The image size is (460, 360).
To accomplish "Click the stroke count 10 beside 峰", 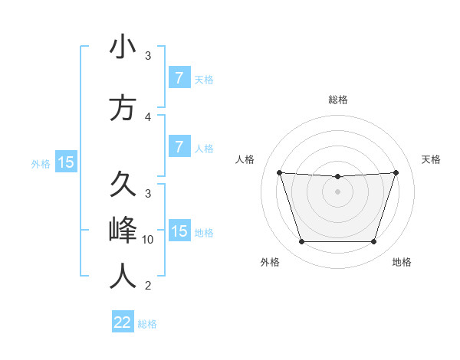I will tap(148, 240).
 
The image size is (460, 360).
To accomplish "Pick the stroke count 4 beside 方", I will tap(148, 117).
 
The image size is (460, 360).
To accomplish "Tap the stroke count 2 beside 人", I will tap(148, 286).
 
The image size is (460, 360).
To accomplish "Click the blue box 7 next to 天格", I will tap(179, 78).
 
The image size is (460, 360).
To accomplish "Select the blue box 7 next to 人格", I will tap(179, 146).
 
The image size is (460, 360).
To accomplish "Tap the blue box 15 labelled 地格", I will tap(179, 231).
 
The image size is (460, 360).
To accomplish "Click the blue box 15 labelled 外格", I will tap(65, 162).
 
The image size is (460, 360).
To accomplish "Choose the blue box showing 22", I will tap(123, 322).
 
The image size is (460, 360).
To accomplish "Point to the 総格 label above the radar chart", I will tap(338, 100).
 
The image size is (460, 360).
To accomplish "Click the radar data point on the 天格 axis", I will tap(396, 172).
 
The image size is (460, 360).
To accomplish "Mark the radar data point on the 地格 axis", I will tap(374, 242).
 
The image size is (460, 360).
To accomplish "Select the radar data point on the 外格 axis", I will tap(301, 242).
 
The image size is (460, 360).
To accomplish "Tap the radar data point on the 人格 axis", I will tap(279, 172).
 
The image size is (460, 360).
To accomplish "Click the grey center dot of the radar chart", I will tap(337, 191).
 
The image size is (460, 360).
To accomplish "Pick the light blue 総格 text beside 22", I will tap(147, 324).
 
